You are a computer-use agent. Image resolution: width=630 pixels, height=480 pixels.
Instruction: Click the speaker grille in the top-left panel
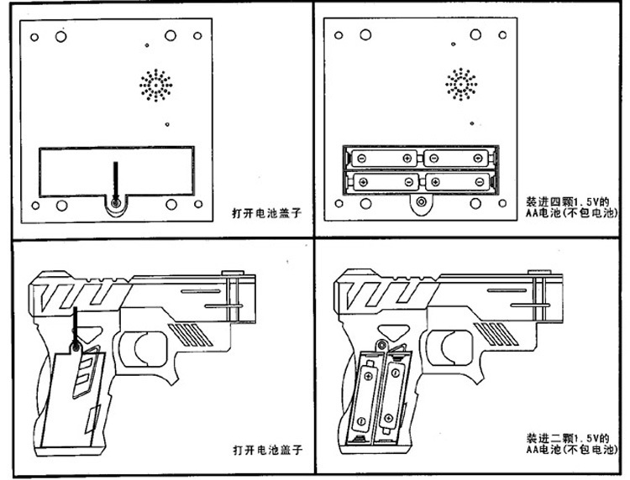(x=155, y=84)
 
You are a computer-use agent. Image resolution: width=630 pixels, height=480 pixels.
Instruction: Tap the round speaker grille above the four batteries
(x=461, y=84)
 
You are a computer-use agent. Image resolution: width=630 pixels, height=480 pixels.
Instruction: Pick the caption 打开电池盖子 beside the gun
(x=266, y=450)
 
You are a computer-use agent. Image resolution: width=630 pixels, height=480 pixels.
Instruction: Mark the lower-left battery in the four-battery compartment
(x=384, y=180)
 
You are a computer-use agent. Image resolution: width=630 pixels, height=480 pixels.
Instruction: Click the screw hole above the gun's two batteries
(x=382, y=344)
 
